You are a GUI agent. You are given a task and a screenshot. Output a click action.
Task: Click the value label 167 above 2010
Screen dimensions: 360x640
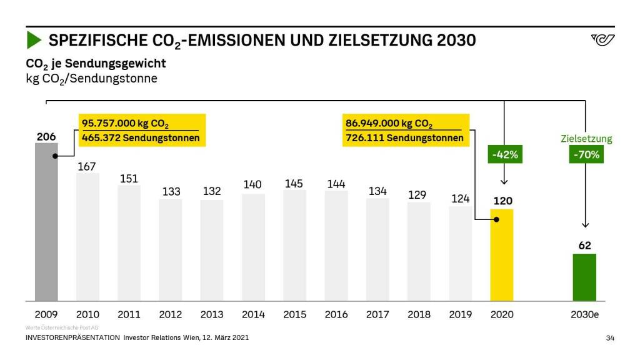pos(87,167)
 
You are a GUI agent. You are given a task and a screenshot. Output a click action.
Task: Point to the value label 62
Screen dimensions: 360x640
pos(584,246)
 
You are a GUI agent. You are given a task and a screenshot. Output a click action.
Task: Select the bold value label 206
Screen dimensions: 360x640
pos(46,137)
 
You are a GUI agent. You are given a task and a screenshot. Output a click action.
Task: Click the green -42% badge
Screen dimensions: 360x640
pos(504,154)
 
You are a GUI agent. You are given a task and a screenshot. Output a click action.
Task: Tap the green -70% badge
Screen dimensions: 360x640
pos(586,154)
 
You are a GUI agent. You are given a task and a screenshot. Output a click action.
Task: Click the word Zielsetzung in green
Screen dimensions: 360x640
pos(586,139)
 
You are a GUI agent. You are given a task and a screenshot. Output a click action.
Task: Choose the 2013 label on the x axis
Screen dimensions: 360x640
pos(212,314)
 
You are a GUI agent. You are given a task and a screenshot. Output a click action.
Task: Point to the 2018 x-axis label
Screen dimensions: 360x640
pos(418,314)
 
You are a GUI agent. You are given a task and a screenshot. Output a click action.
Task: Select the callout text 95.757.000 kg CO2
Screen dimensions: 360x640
pos(126,124)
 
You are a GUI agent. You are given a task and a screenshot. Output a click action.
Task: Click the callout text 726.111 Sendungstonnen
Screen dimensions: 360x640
pos(404,138)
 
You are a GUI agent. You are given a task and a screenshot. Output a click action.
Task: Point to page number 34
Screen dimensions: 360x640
pos(610,338)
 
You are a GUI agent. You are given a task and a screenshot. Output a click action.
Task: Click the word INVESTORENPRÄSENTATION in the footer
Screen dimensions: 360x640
pos(72,337)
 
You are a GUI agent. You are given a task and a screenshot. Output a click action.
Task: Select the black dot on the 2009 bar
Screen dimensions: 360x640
pos(56,156)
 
